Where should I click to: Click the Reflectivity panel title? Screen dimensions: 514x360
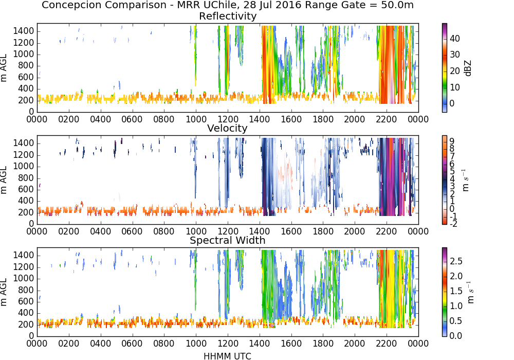(x=228, y=16)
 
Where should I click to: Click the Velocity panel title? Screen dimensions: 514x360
(x=227, y=128)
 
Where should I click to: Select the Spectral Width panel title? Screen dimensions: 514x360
(x=228, y=240)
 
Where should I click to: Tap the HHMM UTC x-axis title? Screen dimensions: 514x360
(x=227, y=356)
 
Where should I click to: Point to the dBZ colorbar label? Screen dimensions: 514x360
(x=468, y=68)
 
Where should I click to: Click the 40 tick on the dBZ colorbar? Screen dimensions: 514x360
(x=455, y=39)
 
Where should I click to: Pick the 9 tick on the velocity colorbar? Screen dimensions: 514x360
(x=452, y=141)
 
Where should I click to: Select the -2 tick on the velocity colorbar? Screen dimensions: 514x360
(x=453, y=224)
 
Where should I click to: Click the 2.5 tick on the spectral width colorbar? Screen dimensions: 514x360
(x=456, y=261)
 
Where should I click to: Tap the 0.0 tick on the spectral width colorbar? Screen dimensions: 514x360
(x=456, y=335)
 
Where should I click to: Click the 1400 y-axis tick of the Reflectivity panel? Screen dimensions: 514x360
(x=24, y=31)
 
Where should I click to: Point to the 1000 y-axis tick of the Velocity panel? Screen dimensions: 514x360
(x=24, y=166)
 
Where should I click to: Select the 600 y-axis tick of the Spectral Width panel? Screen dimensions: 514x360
(x=26, y=301)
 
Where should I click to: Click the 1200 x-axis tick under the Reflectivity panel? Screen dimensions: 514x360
(x=228, y=119)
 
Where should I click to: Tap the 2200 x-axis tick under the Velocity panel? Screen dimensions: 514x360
(x=387, y=231)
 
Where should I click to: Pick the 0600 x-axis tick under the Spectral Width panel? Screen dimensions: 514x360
(x=132, y=343)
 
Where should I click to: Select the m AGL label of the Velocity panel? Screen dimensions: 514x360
(x=4, y=180)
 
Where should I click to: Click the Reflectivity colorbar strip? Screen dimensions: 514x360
(x=445, y=68)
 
